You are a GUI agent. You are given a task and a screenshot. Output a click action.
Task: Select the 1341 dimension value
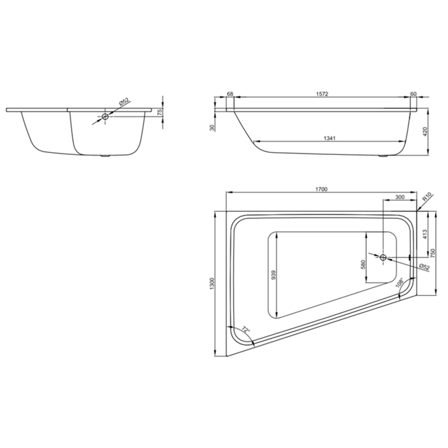pos(329,138)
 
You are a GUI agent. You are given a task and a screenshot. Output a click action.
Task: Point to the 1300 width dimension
pos(212,284)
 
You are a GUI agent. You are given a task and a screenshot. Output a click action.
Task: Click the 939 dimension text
pos(274,275)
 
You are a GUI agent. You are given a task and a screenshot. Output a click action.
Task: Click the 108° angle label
pos(400,283)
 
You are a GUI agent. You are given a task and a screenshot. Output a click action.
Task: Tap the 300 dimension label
pos(400,197)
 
